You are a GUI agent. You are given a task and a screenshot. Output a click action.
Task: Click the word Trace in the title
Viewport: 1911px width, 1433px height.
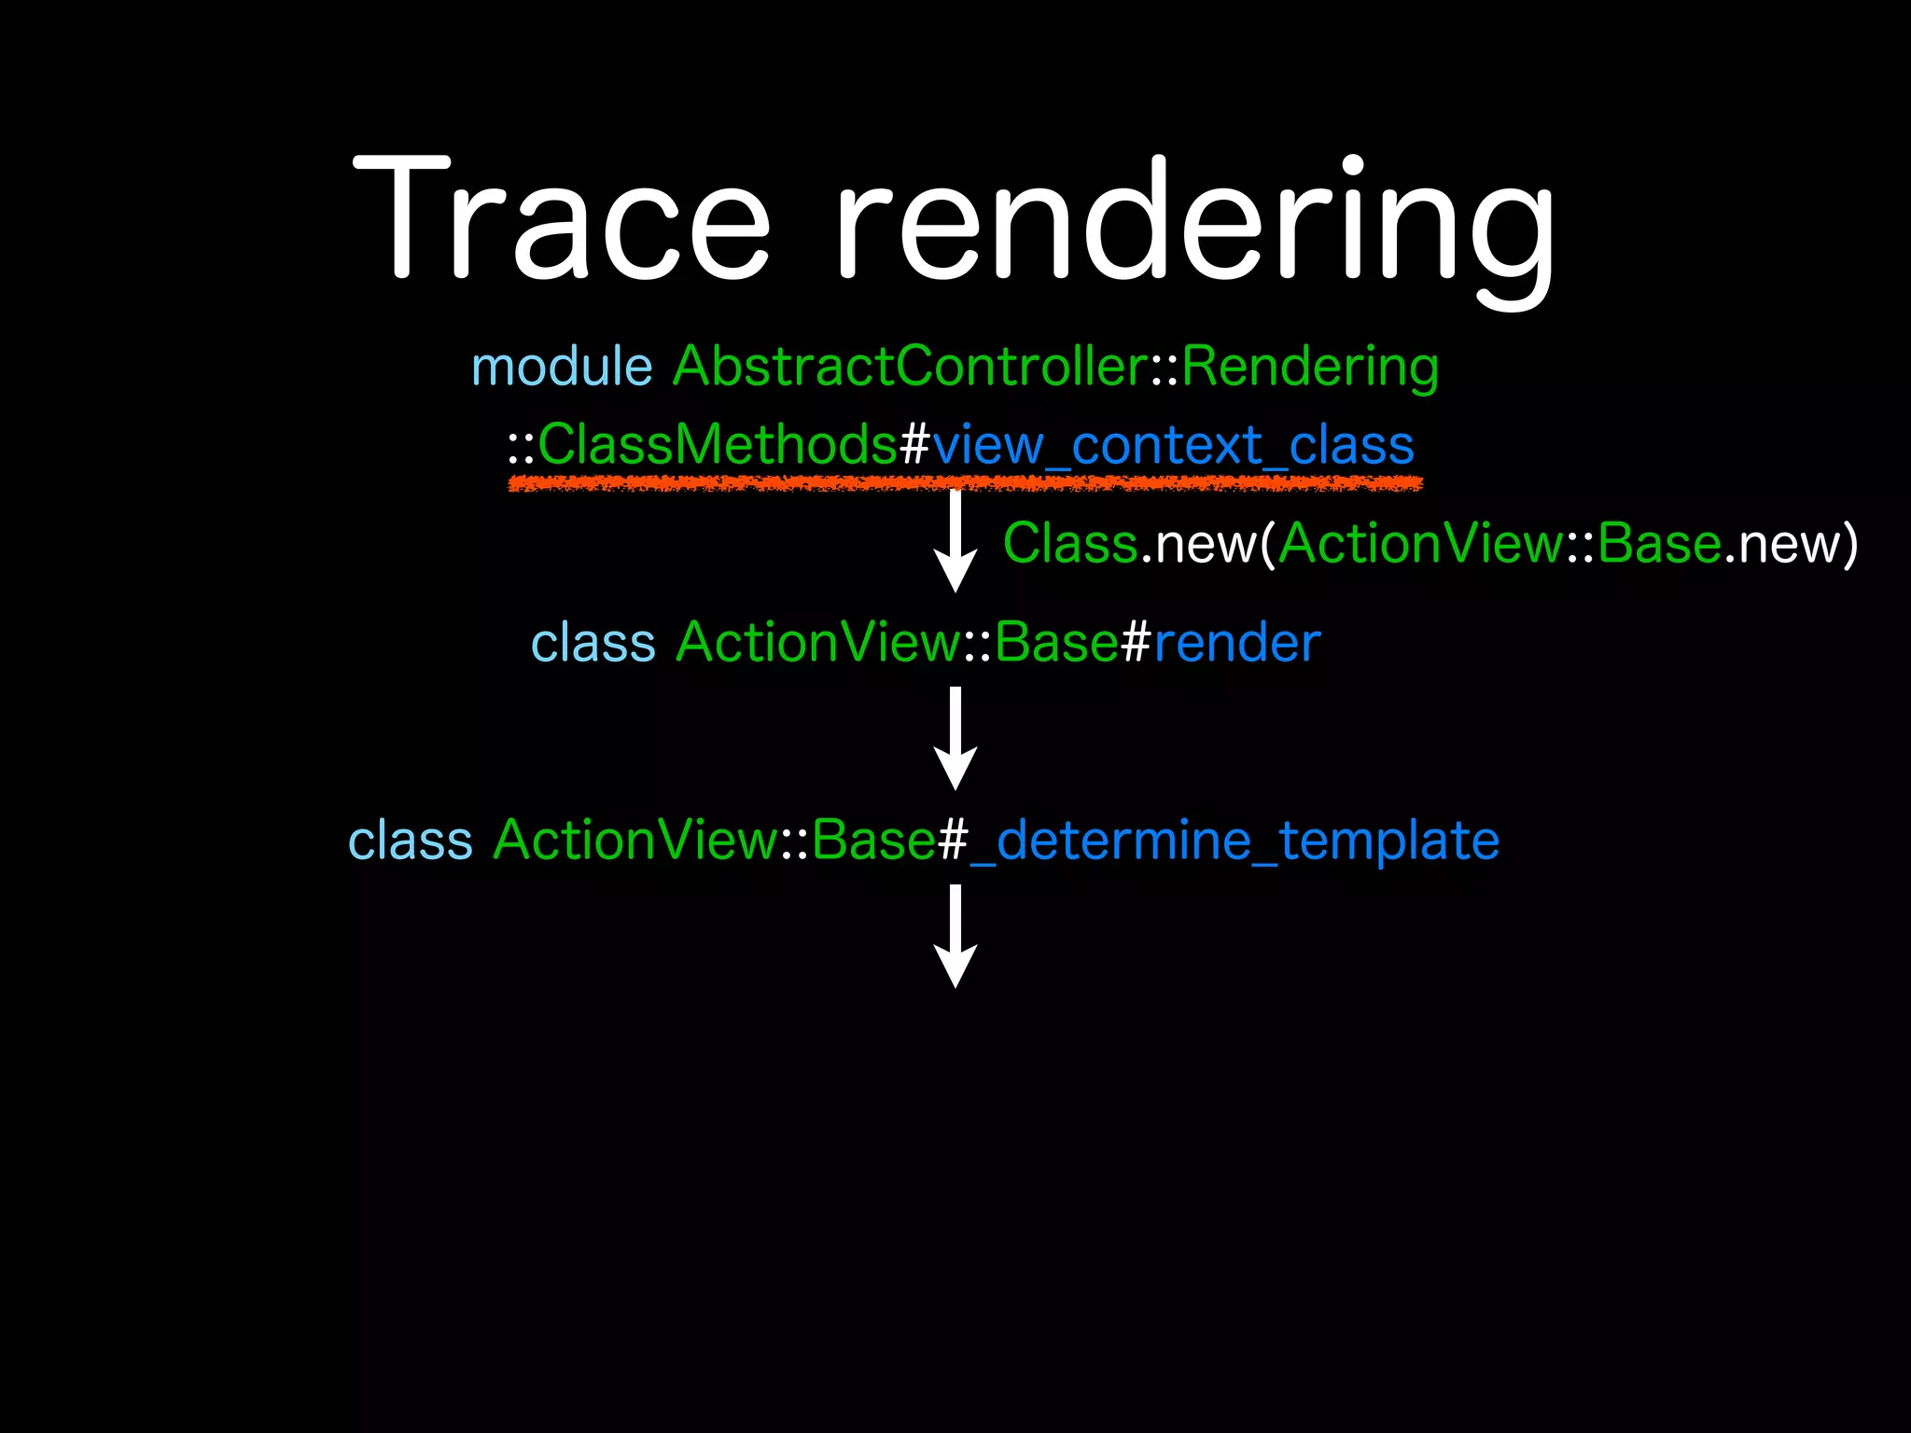pyautogui.click(x=561, y=219)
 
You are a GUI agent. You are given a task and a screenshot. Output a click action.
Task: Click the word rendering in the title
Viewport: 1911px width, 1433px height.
pyautogui.click(x=1194, y=224)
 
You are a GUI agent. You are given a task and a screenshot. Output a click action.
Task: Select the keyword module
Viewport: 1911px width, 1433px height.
pyautogui.click(x=562, y=366)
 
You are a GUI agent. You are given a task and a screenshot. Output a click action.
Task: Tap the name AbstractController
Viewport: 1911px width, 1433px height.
pyautogui.click(x=910, y=366)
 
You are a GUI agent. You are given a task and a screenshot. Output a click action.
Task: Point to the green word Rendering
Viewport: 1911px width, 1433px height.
pyautogui.click(x=1310, y=368)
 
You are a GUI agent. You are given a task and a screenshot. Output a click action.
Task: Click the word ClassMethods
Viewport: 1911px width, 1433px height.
pyautogui.click(x=718, y=444)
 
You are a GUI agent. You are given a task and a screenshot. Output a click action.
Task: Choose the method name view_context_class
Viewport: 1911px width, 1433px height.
pyautogui.click(x=1173, y=446)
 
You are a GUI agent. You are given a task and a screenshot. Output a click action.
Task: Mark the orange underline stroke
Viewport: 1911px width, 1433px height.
pyautogui.click(x=965, y=483)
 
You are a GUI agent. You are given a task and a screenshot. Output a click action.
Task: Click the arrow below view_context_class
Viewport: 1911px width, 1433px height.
pyautogui.click(x=955, y=541)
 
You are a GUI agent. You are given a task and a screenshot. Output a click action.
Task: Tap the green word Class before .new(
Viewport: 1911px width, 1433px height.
pyautogui.click(x=1070, y=543)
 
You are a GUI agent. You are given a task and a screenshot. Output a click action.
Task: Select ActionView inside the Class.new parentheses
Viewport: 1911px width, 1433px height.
pyautogui.click(x=1421, y=543)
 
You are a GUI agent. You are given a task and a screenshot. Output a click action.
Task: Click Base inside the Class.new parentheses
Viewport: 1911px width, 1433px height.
pyautogui.click(x=1659, y=543)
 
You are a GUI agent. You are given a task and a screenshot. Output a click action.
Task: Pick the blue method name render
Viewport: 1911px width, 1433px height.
pyautogui.click(x=1237, y=643)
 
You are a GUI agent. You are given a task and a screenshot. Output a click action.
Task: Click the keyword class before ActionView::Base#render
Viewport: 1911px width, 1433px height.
pyautogui.click(x=593, y=644)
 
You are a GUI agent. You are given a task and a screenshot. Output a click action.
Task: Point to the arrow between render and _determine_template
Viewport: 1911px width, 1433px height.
pyautogui.click(x=955, y=739)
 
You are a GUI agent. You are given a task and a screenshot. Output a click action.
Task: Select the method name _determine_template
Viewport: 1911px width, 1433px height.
pyautogui.click(x=1234, y=841)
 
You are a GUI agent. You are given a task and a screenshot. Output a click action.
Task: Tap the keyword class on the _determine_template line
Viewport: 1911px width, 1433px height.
pyautogui.click(x=411, y=841)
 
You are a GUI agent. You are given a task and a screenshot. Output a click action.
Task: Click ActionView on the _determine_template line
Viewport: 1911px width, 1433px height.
pyautogui.click(x=635, y=841)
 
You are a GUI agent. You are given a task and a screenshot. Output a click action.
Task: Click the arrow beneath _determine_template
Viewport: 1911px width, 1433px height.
pyautogui.click(x=955, y=936)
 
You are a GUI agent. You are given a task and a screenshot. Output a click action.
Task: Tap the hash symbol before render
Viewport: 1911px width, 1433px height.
pyautogui.click(x=1136, y=643)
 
